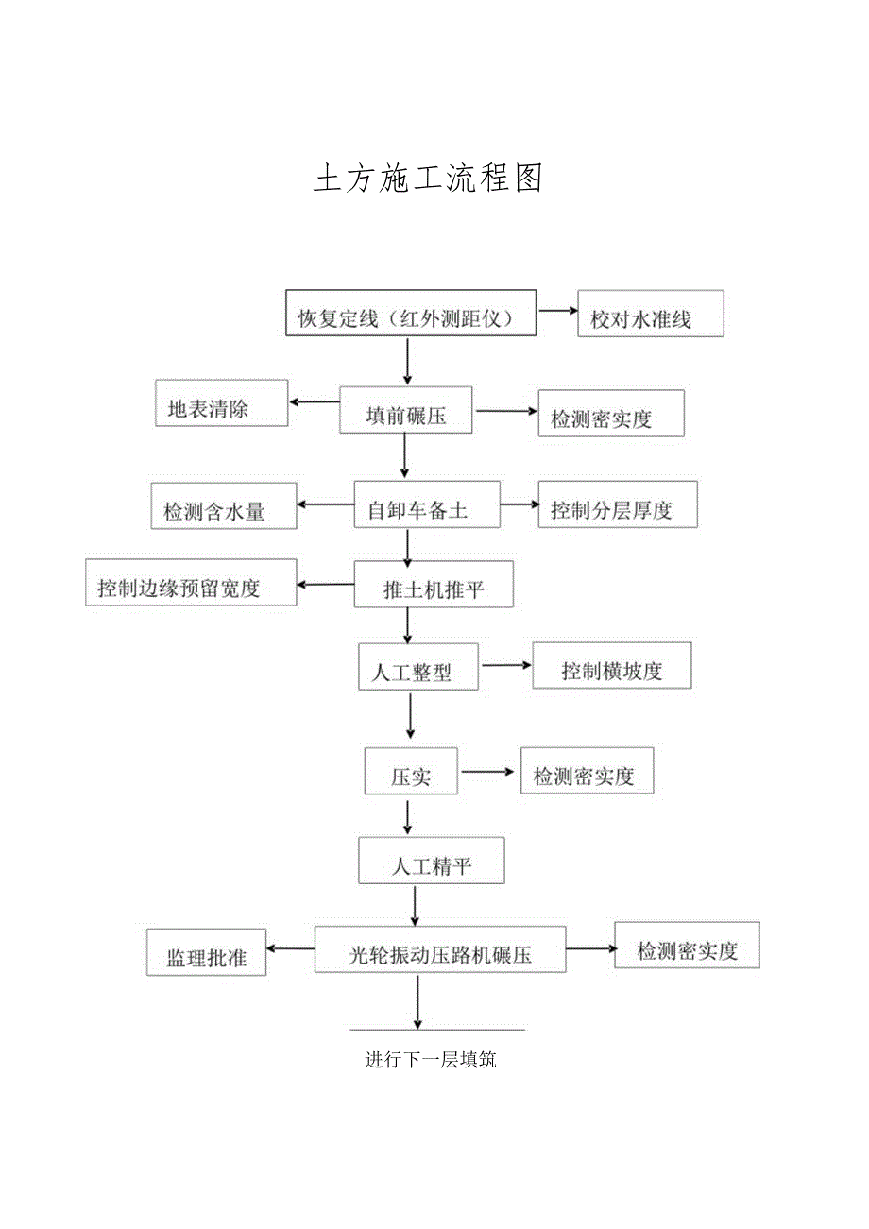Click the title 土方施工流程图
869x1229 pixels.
[x=428, y=178]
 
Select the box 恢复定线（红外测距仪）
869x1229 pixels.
[x=411, y=313]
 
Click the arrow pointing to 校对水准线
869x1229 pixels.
[x=556, y=311]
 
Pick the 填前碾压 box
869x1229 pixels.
[x=406, y=411]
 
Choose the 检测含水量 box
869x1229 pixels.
[x=224, y=505]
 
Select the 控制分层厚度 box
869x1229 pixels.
[x=617, y=504]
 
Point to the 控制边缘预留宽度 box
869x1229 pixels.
[x=191, y=583]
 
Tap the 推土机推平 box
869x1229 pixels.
[x=434, y=584]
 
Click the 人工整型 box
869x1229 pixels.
[x=418, y=666]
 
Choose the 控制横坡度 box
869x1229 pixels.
[x=611, y=665]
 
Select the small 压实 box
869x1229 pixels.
[x=411, y=771]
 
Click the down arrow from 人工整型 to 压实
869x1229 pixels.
[x=410, y=717]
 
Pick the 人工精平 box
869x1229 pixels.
[x=431, y=860]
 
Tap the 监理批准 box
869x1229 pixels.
[x=206, y=951]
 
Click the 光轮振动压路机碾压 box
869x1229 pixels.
[x=440, y=948]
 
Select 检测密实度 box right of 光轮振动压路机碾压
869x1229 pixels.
[x=687, y=945]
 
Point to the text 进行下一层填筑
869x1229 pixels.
[x=431, y=1060]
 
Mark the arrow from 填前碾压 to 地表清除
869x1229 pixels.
[x=315, y=401]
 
